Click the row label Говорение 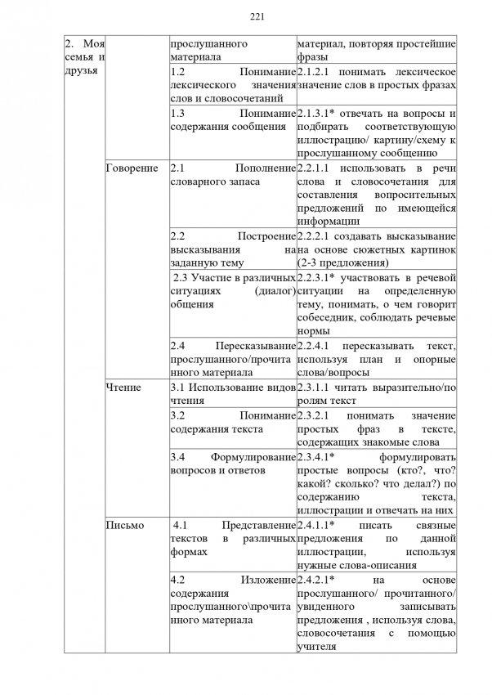point(132,168)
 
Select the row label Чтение point(123,387)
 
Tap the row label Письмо point(125,525)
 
